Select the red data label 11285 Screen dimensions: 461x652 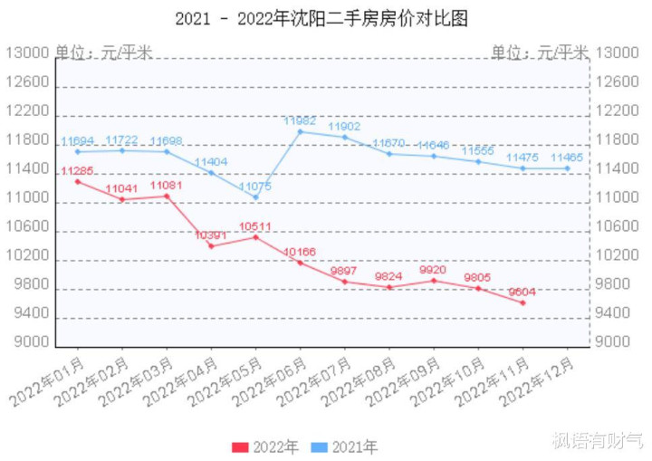coord(77,170)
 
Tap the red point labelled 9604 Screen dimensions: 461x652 coord(523,303)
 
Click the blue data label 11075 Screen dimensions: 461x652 coord(255,187)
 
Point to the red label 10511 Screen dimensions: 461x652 coord(255,226)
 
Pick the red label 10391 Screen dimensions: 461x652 coord(211,235)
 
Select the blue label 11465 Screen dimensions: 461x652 coord(568,158)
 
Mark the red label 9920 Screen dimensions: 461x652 coord(434,270)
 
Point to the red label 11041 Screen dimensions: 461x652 coord(121,188)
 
